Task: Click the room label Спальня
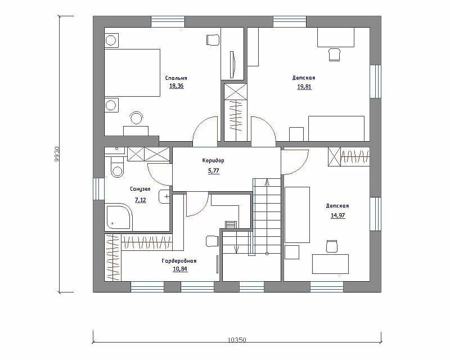pos(176,78)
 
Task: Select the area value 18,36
pos(176,86)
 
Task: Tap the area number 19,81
pos(304,87)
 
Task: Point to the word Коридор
pos(213,160)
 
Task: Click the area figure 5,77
pos(214,171)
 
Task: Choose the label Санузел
pos(140,189)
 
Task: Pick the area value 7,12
pos(140,200)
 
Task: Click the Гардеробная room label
pos(179,261)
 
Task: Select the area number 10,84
pos(180,269)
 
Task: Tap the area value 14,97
pos(338,215)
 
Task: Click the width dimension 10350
pos(237,340)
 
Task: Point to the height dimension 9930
pos(57,155)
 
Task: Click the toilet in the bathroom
pos(117,167)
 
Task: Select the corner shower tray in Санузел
pos(119,217)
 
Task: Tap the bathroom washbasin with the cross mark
pos(164,197)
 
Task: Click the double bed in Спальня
pos(132,73)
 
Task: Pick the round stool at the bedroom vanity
pos(136,118)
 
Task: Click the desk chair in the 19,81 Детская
pos(334,55)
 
